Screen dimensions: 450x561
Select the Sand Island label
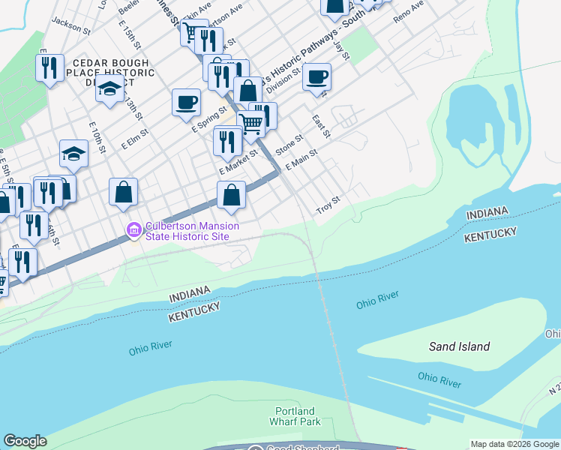(x=459, y=346)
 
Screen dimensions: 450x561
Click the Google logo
(x=25, y=441)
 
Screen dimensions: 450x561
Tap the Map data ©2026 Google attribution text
(x=514, y=444)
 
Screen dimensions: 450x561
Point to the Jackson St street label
(x=71, y=28)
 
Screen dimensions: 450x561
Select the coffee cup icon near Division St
(x=316, y=76)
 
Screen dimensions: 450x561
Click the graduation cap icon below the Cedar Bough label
(x=109, y=88)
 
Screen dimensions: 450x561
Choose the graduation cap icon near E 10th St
(x=73, y=154)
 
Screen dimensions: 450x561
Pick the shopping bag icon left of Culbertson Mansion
(x=123, y=192)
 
